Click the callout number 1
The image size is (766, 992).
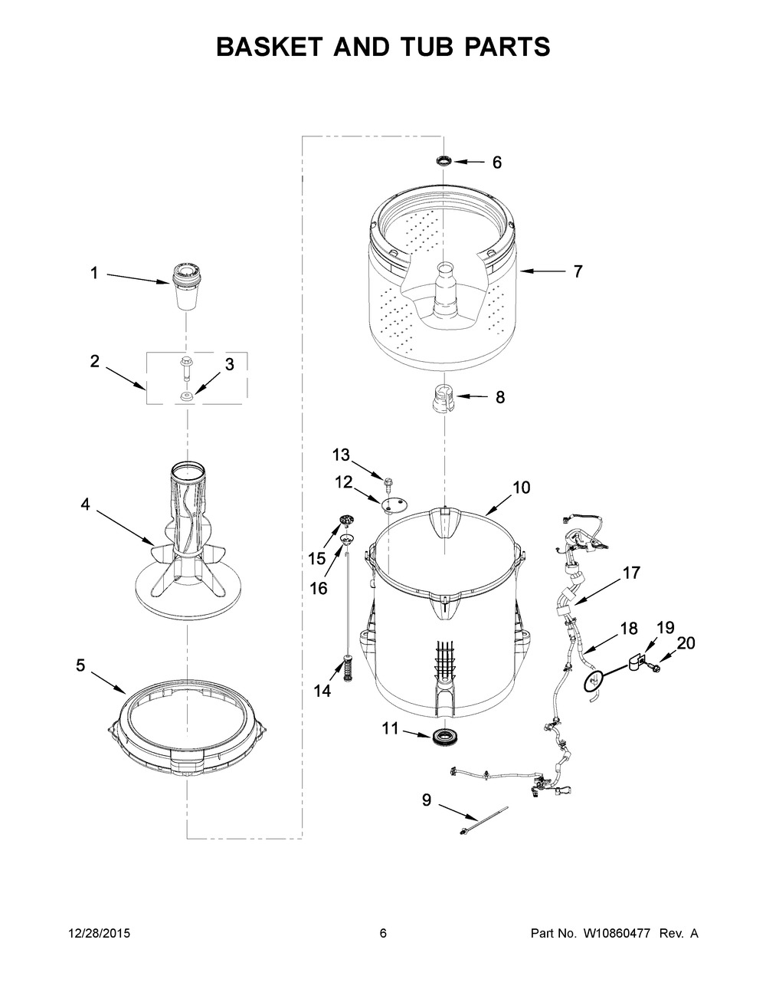click(94, 273)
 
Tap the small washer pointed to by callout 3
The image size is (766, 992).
click(186, 396)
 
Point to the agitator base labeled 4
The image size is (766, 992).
click(187, 552)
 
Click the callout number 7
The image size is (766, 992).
click(578, 271)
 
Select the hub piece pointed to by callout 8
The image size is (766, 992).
click(439, 400)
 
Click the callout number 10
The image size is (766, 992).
click(521, 488)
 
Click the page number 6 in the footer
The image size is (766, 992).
click(383, 934)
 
